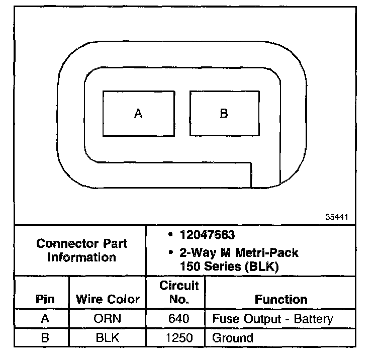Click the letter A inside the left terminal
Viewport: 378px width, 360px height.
(138, 114)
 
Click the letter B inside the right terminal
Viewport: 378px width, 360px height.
(224, 114)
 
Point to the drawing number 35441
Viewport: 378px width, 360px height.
(337, 217)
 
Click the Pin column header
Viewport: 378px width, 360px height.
(45, 300)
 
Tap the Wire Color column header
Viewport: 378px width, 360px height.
(108, 300)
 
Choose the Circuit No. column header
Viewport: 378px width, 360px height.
(179, 293)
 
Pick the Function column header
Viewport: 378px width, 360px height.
(281, 300)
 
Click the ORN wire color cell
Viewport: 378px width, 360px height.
(107, 319)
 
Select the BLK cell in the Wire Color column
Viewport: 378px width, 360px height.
(107, 338)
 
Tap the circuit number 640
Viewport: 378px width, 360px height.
(179, 319)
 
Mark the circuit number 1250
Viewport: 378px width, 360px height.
(179, 338)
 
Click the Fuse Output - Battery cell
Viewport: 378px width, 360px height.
(273, 319)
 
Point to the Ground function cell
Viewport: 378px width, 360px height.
(233, 338)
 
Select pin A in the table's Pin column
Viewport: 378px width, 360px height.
(45, 319)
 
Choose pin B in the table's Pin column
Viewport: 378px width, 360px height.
(45, 338)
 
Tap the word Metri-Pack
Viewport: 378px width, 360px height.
(270, 252)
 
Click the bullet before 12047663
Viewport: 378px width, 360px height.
(171, 235)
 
